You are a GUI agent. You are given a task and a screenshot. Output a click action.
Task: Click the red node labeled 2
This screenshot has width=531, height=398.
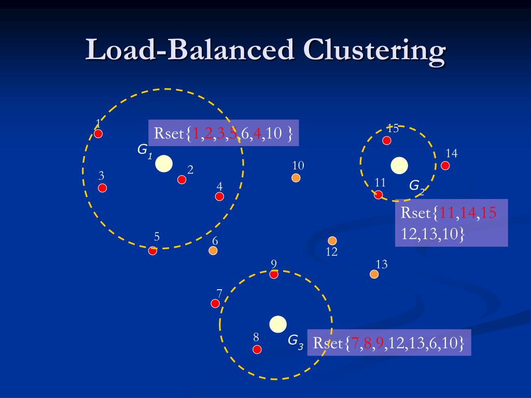(181, 179)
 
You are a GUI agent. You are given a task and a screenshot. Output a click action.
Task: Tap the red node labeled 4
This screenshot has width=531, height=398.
(219, 196)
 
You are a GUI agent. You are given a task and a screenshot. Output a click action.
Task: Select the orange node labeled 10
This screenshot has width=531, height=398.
(296, 178)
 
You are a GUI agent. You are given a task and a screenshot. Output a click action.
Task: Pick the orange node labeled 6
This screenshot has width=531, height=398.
(213, 250)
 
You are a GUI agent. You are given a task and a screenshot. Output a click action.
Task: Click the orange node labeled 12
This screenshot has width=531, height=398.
(332, 240)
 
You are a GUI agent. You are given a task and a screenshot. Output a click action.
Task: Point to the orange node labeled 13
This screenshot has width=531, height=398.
(374, 274)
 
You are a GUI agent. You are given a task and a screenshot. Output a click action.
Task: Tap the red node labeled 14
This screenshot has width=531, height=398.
(445, 165)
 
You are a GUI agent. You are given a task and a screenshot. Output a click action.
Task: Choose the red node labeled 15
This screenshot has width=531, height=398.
(386, 140)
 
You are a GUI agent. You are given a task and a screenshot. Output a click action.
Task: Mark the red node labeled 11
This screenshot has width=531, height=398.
(379, 194)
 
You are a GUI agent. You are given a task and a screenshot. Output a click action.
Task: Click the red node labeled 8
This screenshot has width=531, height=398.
(257, 349)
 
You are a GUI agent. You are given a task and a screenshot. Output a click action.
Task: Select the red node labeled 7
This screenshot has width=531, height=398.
(215, 303)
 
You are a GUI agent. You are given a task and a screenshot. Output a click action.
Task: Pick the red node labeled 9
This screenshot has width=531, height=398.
(274, 274)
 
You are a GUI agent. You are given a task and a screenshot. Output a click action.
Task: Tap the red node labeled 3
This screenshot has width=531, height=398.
(103, 188)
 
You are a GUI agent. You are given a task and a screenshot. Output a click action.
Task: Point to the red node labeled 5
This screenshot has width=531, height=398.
(152, 251)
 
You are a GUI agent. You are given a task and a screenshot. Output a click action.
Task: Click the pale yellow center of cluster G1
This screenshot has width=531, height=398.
(164, 163)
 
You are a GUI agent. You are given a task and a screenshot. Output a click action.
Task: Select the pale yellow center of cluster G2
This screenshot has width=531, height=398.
(399, 165)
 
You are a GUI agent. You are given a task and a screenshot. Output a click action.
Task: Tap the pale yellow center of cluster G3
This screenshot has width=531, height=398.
(278, 324)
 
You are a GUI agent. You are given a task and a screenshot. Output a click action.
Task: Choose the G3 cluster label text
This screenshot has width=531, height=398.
(296, 341)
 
